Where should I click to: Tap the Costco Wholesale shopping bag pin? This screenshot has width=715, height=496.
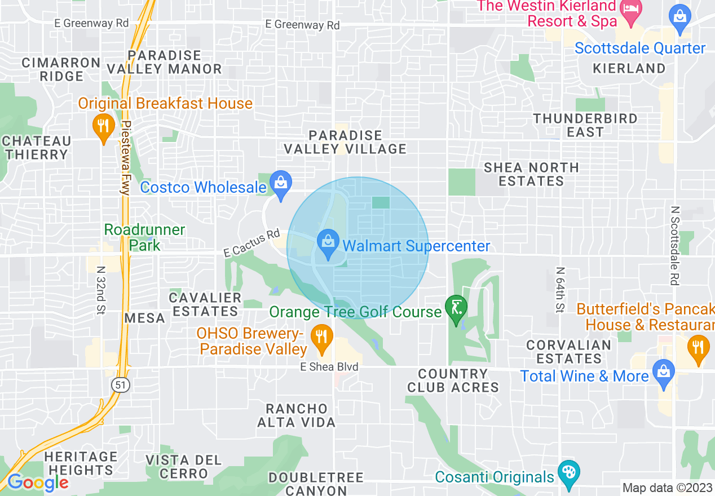point(280,183)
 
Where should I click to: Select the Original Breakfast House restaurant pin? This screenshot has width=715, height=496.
point(103,126)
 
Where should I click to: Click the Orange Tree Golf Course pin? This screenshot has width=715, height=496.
point(455,308)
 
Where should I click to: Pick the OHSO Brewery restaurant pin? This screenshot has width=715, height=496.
point(322,337)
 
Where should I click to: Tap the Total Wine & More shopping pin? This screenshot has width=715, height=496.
point(663,372)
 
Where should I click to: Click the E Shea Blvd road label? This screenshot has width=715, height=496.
point(329,367)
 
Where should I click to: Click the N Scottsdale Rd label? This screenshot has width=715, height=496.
point(674,245)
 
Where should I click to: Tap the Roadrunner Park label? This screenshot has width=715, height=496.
point(144,237)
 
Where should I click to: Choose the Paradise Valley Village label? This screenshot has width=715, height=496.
point(345,142)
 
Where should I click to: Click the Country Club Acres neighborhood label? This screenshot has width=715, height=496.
point(453,380)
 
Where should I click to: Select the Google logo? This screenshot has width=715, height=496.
point(37,482)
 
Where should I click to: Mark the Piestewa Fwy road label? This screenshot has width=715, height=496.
point(126,158)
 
